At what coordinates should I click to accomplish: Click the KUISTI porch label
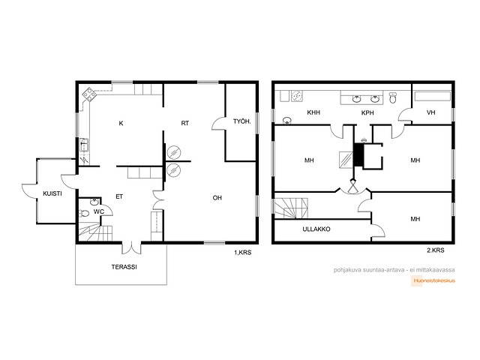coord(52,193)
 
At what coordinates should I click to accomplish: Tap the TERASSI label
coord(124,267)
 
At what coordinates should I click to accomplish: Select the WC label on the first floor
coord(99,211)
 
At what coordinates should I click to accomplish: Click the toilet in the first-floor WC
coord(83,213)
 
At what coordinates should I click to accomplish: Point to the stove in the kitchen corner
coord(89,95)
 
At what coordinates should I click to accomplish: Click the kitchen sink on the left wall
coord(84,145)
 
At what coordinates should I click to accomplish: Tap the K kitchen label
coord(121,123)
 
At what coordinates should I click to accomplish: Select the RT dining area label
coord(185,123)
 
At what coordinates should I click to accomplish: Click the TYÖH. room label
coord(241,121)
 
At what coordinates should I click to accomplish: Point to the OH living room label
coord(217,198)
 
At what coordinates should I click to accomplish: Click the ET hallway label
coord(119,196)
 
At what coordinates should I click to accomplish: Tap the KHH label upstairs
coord(313,112)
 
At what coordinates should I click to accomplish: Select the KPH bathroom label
coord(367,113)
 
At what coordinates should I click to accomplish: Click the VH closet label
coord(430,112)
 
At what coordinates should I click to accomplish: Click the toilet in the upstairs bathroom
coord(393,97)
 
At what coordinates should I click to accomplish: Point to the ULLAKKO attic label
coord(316,229)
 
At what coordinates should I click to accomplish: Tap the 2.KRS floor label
coord(435,250)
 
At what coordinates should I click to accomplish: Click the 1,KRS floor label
coord(243,253)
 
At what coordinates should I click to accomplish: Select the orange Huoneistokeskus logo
coord(433,280)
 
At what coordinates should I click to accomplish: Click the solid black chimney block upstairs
coord(358,154)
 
